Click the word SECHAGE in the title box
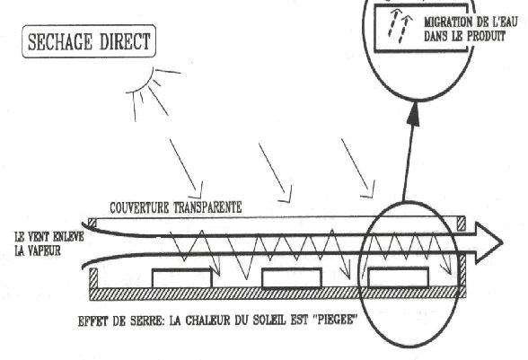pyautogui.click(x=59, y=42)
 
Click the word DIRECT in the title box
pyautogui.click(x=125, y=42)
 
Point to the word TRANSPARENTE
pyautogui.click(x=207, y=207)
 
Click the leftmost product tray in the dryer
pyautogui.click(x=181, y=278)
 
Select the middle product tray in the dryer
pyautogui.click(x=292, y=277)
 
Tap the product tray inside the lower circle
pyautogui.click(x=399, y=277)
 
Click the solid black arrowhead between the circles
pyautogui.click(x=414, y=115)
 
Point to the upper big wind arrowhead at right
pyautogui.click(x=489, y=234)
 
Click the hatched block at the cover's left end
pyautogui.click(x=92, y=223)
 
